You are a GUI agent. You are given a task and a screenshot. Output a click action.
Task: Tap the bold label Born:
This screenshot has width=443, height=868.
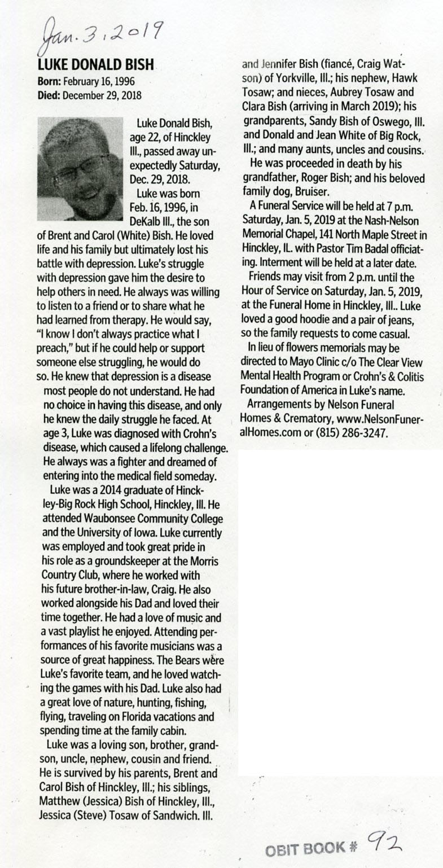pos(49,81)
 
